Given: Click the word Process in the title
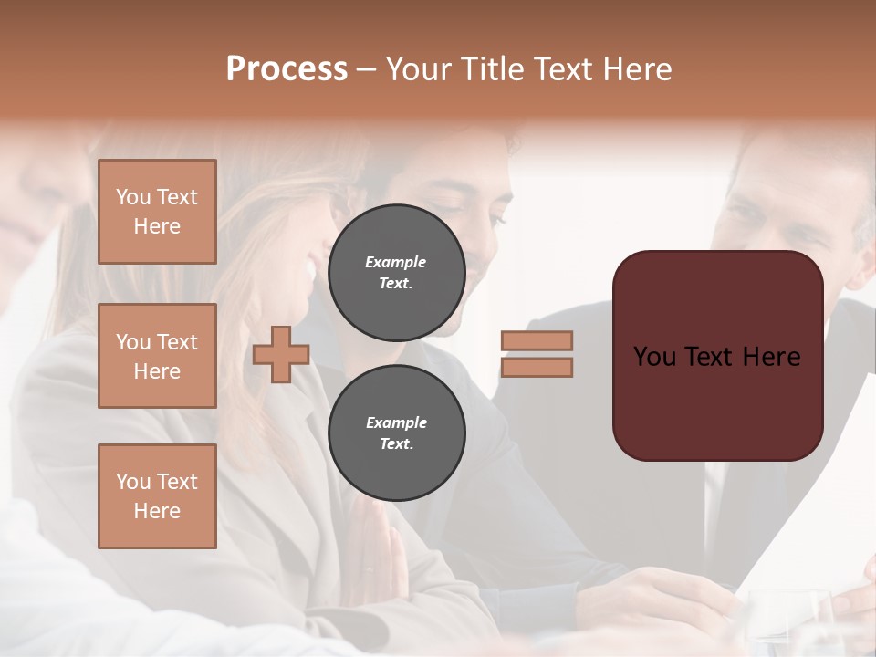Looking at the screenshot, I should tap(287, 69).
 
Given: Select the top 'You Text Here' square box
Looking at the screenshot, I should tap(157, 212).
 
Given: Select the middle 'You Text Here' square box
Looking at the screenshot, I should tap(157, 356).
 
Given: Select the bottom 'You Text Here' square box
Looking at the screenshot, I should tap(157, 496).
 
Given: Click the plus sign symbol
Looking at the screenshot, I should tap(281, 355).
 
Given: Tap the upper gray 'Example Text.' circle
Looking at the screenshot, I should tap(396, 273).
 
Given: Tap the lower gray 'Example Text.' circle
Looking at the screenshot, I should tap(396, 433).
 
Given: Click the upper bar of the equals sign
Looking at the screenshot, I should tap(537, 341).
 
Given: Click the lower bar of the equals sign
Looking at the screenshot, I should tap(537, 368).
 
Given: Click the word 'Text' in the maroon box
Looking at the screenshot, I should tap(717, 357).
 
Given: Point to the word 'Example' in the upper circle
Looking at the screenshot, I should tap(395, 263).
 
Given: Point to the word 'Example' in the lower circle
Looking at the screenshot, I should tap(396, 423).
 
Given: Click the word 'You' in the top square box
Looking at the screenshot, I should tap(133, 197).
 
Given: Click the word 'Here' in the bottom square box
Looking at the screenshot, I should tap(157, 511).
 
